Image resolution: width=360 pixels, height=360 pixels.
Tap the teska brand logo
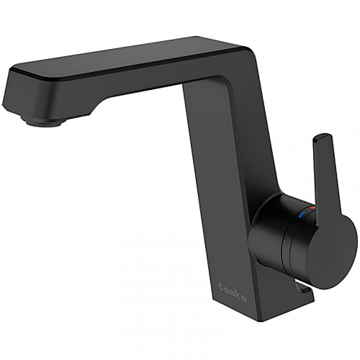[x=230, y=292]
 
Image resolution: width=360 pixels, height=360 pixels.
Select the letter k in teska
[x=235, y=294]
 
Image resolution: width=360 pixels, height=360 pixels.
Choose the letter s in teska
[x=230, y=292]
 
